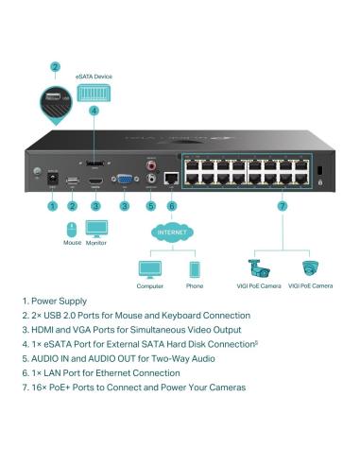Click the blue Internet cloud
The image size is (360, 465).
pos(171,232)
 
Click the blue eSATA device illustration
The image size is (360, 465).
pos(94,92)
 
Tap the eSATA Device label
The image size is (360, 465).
pos(94,75)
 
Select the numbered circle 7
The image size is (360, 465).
pos(283,205)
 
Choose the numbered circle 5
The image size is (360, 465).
pos(150,205)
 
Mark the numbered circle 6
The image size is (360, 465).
pos(171,205)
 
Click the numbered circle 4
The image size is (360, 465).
pos(94,111)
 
